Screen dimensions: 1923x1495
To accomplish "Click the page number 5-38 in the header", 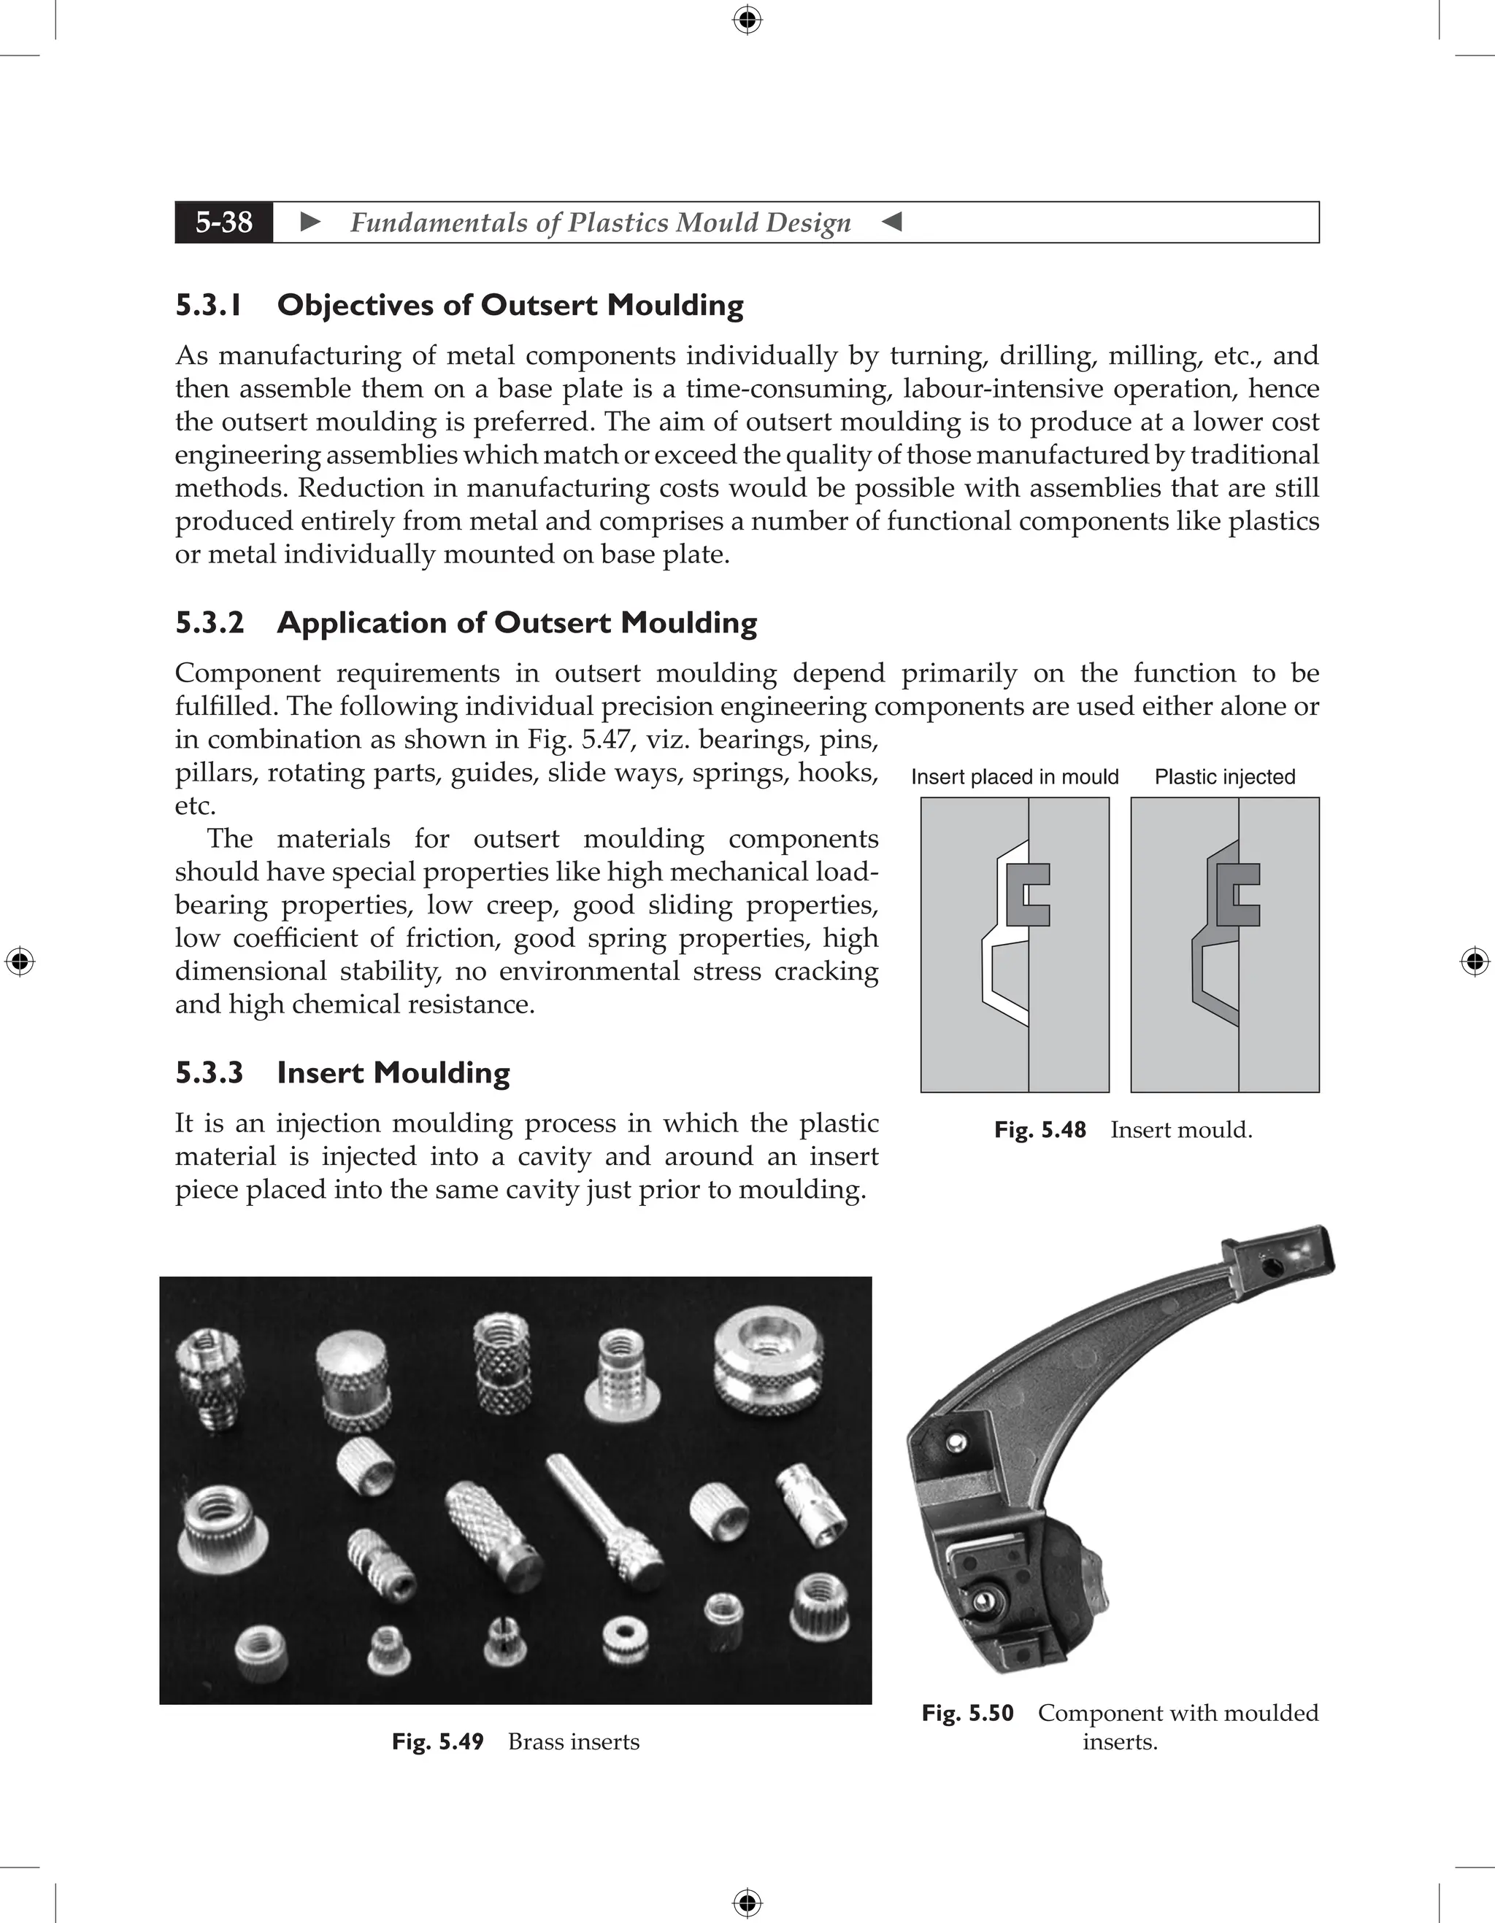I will (224, 222).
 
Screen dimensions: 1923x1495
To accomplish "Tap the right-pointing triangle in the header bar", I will (310, 222).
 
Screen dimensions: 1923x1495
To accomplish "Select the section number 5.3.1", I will (208, 306).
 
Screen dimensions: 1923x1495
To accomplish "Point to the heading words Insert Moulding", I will (393, 1072).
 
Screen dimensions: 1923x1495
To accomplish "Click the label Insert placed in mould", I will (1014, 777).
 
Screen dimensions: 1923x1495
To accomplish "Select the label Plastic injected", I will (1225, 777).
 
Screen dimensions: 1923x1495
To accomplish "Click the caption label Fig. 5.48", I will (1039, 1130).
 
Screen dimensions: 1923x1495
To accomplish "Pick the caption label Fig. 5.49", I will (438, 1741).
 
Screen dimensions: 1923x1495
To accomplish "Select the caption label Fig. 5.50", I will (967, 1713).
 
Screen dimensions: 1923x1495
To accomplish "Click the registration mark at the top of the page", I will (747, 20).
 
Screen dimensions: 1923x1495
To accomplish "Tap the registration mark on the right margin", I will (1474, 961).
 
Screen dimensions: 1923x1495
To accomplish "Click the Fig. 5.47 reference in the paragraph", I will (576, 739).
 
